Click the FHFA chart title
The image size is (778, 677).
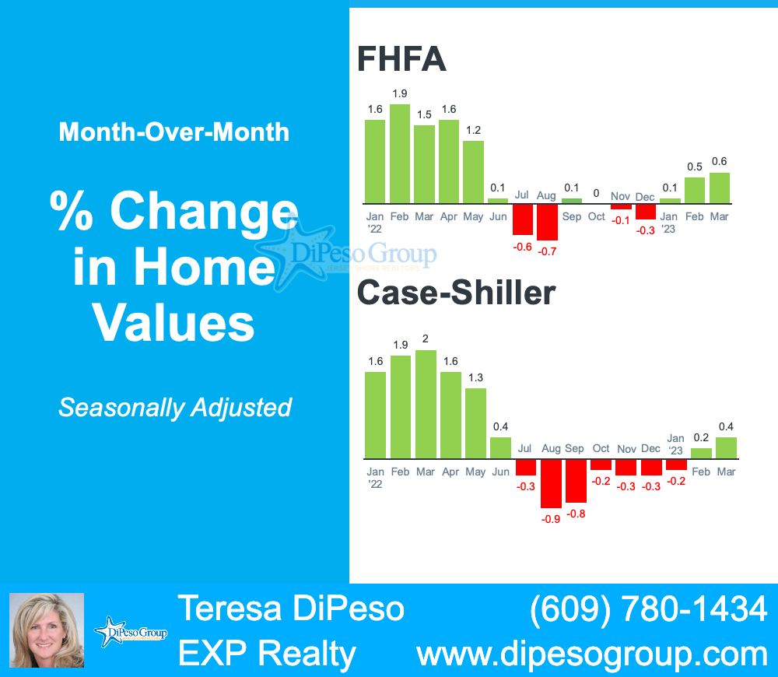(401, 59)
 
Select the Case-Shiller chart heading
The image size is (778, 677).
(456, 293)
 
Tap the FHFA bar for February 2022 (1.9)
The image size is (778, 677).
(400, 153)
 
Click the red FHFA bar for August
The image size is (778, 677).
(548, 222)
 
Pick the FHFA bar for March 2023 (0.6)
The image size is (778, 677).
(720, 188)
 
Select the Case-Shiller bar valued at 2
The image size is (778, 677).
(426, 405)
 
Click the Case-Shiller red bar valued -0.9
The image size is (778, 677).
(552, 483)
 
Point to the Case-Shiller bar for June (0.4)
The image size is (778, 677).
(500, 447)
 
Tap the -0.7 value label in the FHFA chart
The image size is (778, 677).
(548, 251)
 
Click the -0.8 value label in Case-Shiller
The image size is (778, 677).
(576, 514)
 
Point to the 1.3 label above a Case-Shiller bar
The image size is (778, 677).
(475, 377)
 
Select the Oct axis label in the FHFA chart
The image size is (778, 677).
(597, 216)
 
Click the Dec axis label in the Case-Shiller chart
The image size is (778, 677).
(650, 449)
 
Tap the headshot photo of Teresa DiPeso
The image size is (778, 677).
(46, 630)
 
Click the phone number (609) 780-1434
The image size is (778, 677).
(648, 609)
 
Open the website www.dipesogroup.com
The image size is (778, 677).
(592, 654)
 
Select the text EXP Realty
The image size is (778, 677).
(267, 654)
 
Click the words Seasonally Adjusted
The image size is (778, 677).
(175, 407)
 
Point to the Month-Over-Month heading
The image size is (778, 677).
(174, 132)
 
